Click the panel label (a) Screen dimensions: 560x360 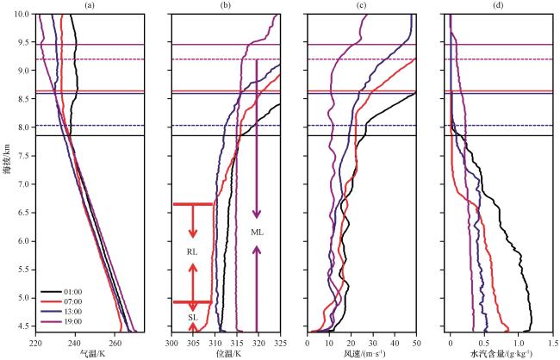click(x=90, y=5)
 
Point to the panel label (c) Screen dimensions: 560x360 click(x=362, y=5)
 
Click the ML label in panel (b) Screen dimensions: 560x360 click(x=257, y=233)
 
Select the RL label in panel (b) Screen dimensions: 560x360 click(x=192, y=252)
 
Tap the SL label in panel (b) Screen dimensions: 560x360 click(x=192, y=318)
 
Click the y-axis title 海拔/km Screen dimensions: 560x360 click(x=7, y=162)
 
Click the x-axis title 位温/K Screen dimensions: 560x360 click(x=228, y=353)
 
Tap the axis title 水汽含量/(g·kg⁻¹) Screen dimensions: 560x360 click(x=499, y=353)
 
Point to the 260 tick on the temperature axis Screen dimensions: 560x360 click(x=115, y=344)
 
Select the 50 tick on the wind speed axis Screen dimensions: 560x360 click(x=416, y=344)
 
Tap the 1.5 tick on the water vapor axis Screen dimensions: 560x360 click(x=552, y=344)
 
